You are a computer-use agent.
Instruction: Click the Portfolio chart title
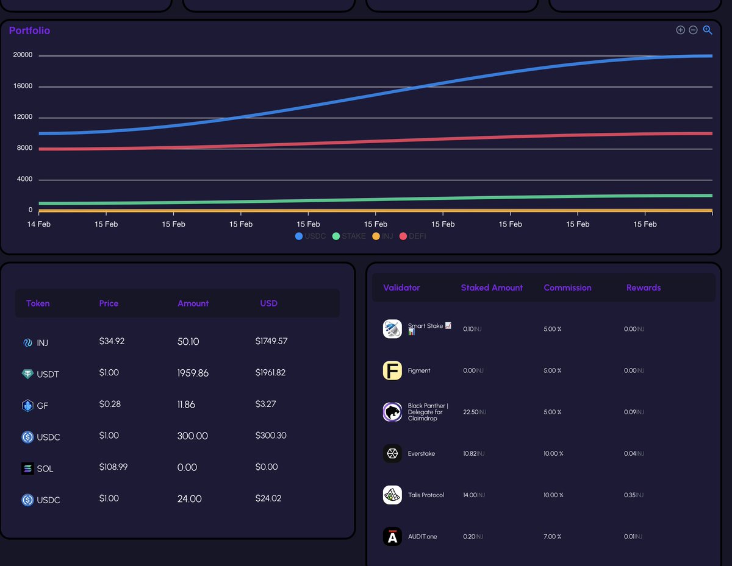pos(29,30)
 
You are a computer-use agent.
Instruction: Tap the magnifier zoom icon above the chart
pos(708,30)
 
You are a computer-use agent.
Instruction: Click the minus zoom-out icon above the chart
pos(693,30)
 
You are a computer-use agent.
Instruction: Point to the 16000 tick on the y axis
pos(23,87)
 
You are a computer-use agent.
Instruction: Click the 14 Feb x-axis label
pos(39,224)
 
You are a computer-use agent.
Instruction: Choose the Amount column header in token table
pos(193,303)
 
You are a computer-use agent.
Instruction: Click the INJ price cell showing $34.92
pos(112,341)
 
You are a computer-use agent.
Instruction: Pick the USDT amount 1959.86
pos(193,373)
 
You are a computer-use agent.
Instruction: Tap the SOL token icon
pos(27,469)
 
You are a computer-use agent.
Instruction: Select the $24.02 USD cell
pos(268,498)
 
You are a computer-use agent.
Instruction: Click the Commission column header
pos(567,288)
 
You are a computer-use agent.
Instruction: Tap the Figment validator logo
pos(392,370)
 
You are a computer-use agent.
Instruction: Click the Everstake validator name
pos(421,453)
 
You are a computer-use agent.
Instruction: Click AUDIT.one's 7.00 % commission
pos(552,536)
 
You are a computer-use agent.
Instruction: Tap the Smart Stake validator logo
pos(392,329)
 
